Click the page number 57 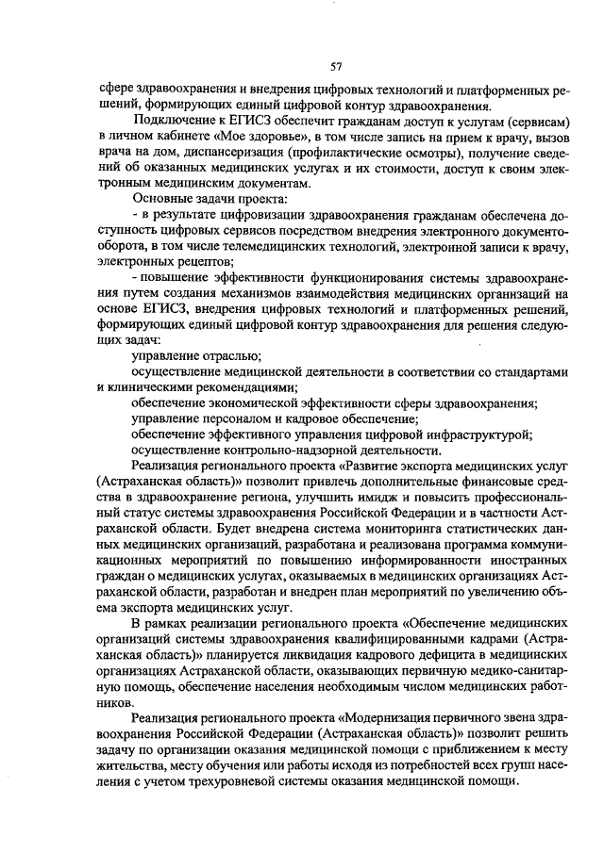pyautogui.click(x=335, y=66)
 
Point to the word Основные pyautogui.click(x=158, y=200)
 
